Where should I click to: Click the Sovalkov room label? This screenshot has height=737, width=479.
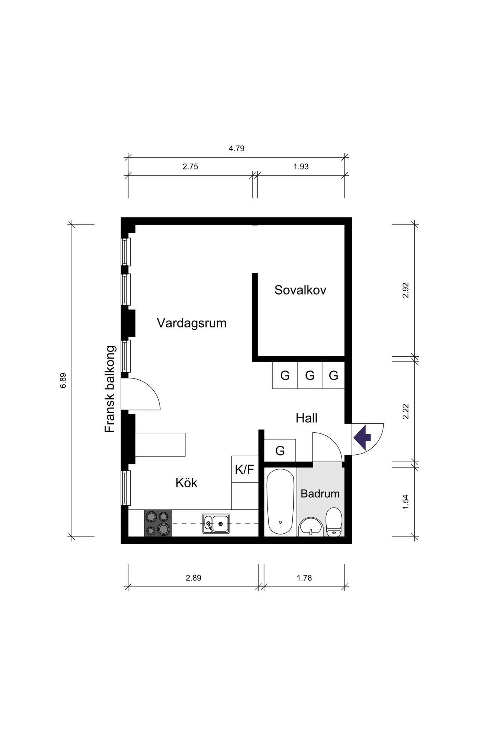pyautogui.click(x=300, y=290)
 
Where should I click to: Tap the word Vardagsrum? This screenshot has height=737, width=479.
pyautogui.click(x=192, y=323)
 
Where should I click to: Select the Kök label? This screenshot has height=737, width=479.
pyautogui.click(x=186, y=483)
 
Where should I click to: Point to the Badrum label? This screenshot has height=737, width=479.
pyautogui.click(x=320, y=493)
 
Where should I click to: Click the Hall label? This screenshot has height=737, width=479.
pyautogui.click(x=306, y=418)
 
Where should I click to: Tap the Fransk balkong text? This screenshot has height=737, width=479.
pyautogui.click(x=110, y=389)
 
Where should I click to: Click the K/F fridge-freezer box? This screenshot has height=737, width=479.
pyautogui.click(x=245, y=469)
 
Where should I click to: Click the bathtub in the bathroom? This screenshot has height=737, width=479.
pyautogui.click(x=280, y=502)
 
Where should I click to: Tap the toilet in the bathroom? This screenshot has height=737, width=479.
pyautogui.click(x=333, y=522)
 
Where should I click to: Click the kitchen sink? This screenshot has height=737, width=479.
pyautogui.click(x=216, y=523)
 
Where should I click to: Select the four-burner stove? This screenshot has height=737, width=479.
pyautogui.click(x=158, y=523)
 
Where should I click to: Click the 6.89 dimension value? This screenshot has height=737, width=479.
pyautogui.click(x=63, y=380)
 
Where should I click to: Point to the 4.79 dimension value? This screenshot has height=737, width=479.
pyautogui.click(x=237, y=149)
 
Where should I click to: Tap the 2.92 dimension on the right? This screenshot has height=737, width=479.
pyautogui.click(x=406, y=290)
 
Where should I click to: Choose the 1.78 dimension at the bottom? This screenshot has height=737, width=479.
pyautogui.click(x=304, y=578)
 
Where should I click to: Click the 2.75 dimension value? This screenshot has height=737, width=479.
pyautogui.click(x=190, y=167)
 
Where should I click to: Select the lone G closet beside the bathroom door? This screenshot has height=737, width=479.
pyautogui.click(x=280, y=450)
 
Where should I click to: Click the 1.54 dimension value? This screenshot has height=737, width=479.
pyautogui.click(x=406, y=502)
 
